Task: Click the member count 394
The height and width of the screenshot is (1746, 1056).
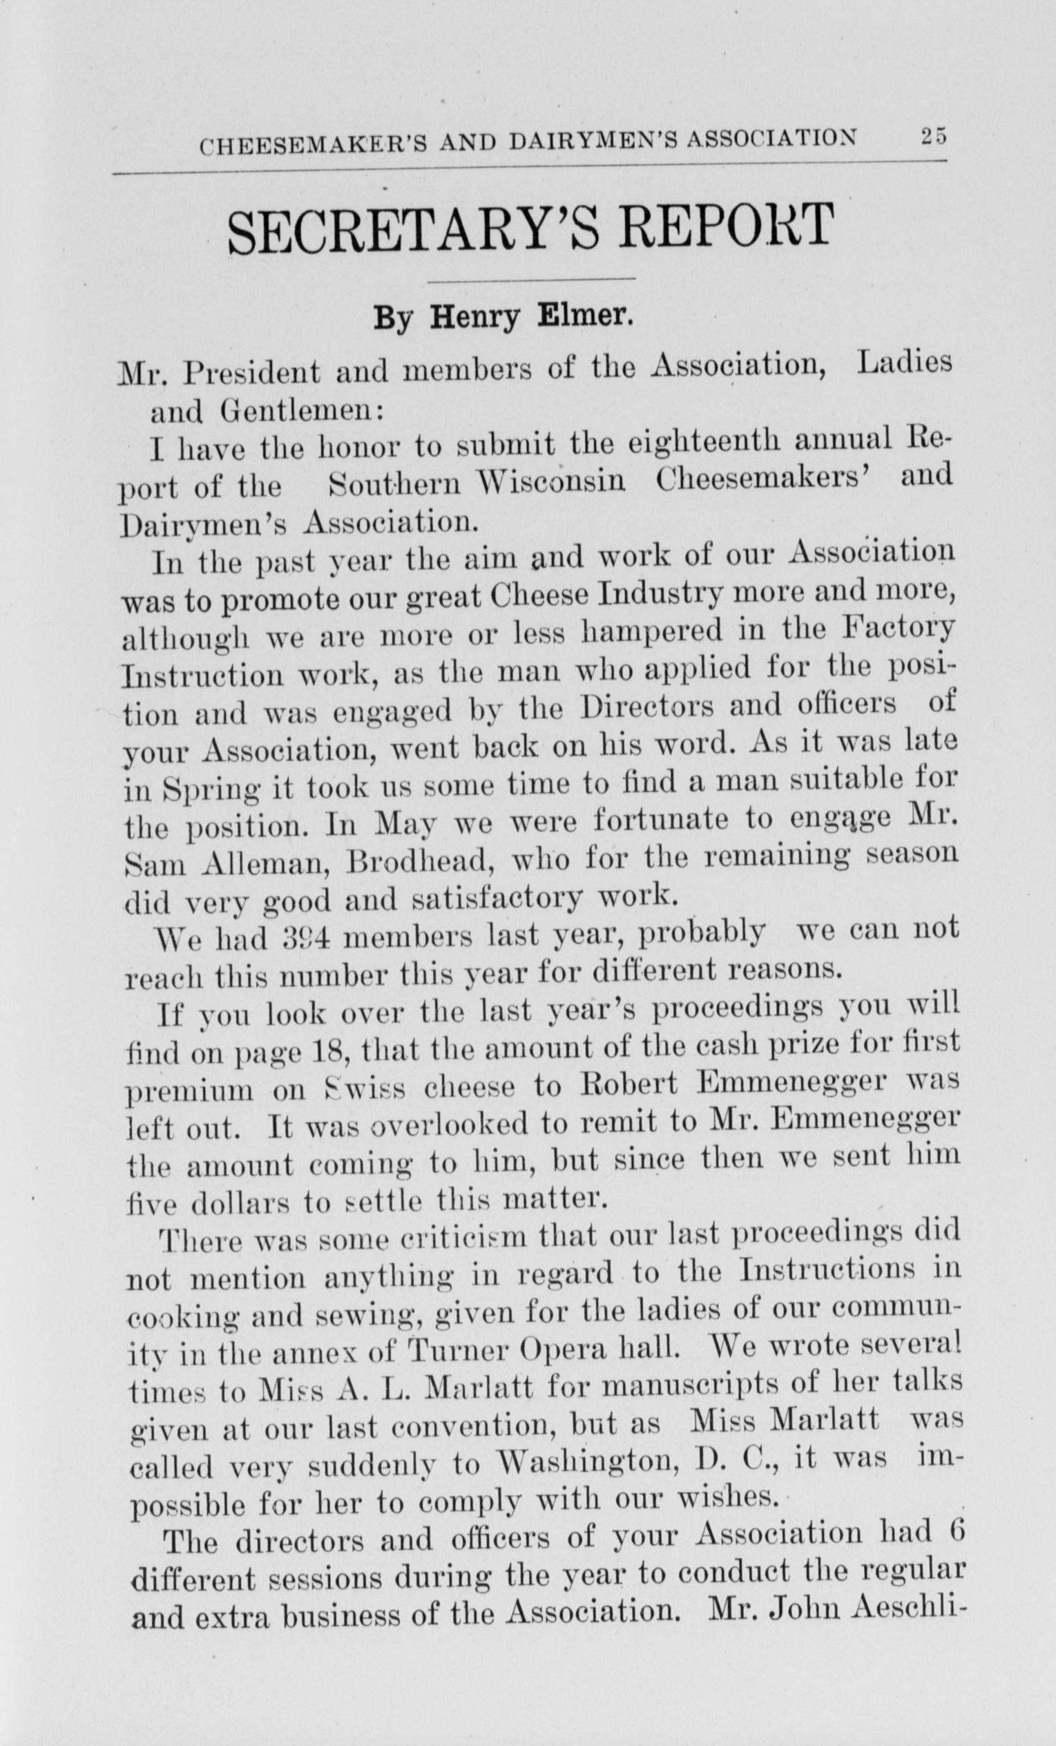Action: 291,939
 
